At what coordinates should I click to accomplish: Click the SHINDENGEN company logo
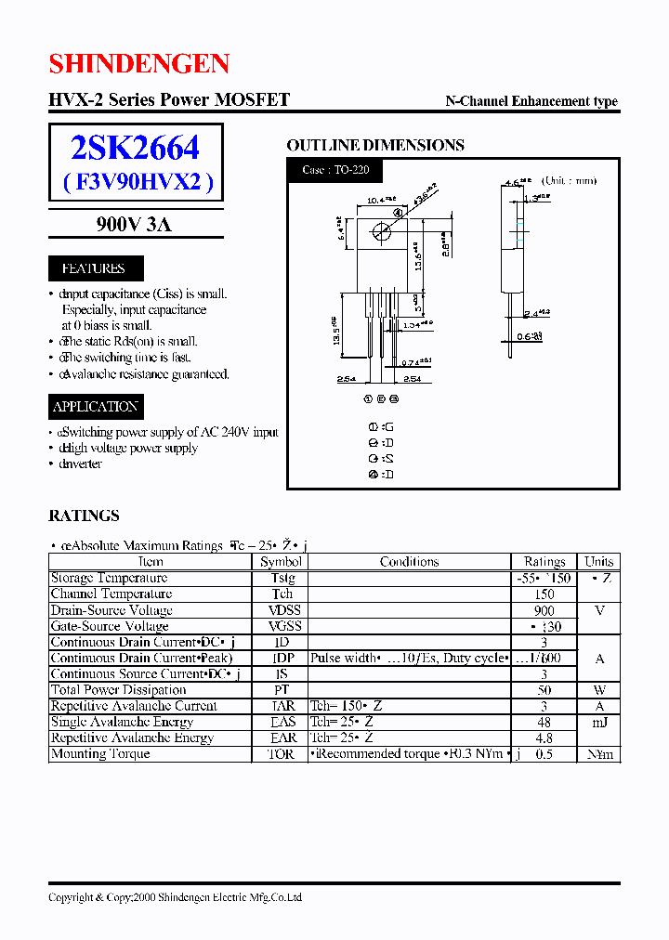[138, 64]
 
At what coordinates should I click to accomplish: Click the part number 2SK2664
[136, 147]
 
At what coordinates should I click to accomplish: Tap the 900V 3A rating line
[135, 224]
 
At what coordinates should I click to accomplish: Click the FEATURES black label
[93, 268]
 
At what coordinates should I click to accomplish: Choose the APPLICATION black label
[96, 407]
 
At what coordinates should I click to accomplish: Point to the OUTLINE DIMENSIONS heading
[375, 146]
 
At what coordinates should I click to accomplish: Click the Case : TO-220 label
[334, 171]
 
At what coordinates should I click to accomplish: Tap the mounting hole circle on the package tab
[380, 231]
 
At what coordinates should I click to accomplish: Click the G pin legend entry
[382, 427]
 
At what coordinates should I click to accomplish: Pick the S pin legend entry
[382, 459]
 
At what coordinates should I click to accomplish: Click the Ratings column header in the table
[544, 562]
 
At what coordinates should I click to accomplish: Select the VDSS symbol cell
[282, 610]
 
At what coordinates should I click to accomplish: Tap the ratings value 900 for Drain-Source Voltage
[544, 610]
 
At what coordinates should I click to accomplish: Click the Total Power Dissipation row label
[118, 690]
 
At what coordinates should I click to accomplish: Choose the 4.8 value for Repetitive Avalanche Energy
[544, 738]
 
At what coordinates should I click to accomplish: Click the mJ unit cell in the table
[599, 722]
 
